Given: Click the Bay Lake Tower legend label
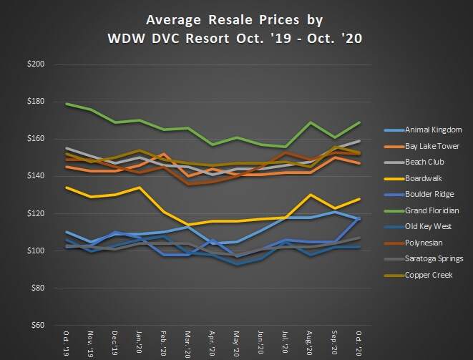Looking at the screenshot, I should tap(433, 146).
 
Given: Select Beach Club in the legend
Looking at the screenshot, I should tap(424, 162).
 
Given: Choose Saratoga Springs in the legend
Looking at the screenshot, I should tap(434, 259).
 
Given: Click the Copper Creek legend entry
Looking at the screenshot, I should tap(428, 275).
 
